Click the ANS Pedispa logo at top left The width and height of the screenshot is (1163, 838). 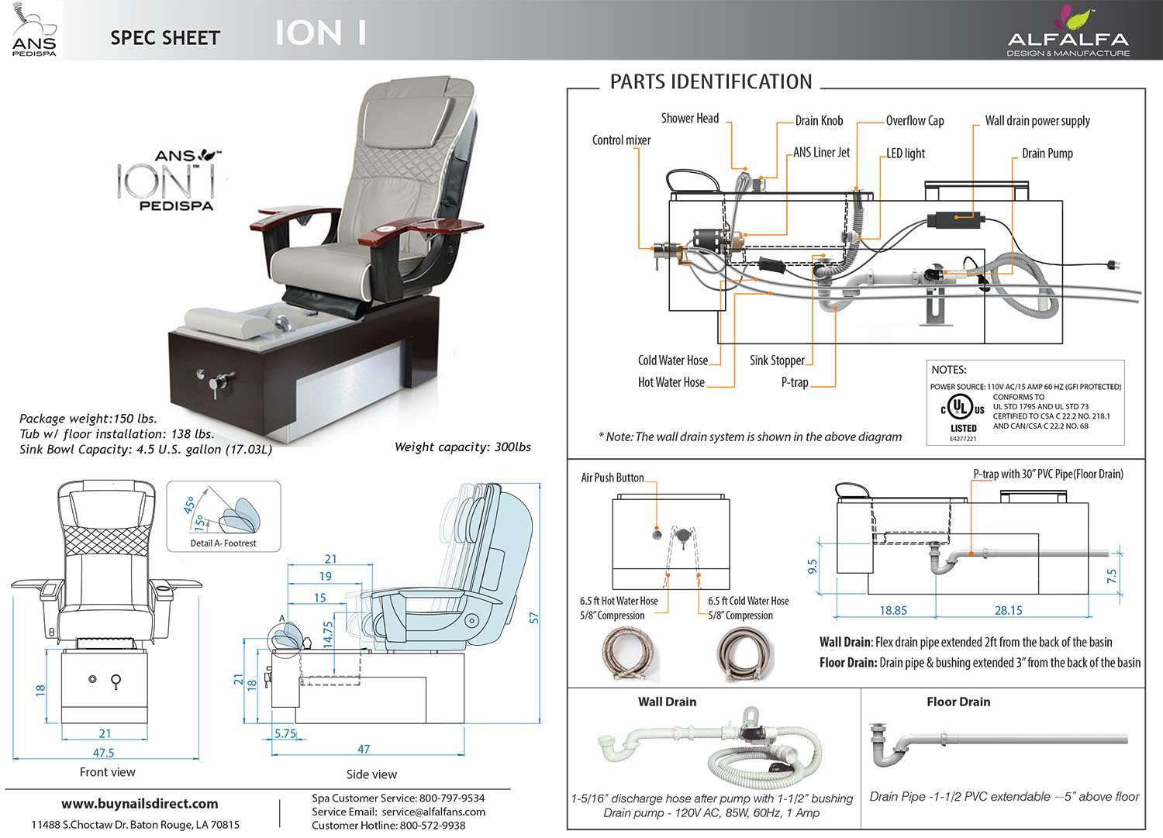click(34, 30)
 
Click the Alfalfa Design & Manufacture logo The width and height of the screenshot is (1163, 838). click(1068, 33)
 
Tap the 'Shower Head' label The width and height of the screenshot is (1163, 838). click(689, 119)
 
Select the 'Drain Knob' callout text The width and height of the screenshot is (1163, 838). click(819, 121)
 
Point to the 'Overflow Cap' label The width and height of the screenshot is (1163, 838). click(915, 121)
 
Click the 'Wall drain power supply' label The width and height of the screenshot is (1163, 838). click(1037, 121)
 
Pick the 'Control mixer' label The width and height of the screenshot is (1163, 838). click(621, 140)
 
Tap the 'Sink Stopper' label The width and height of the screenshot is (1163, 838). click(777, 360)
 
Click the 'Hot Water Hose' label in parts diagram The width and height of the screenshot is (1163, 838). click(671, 382)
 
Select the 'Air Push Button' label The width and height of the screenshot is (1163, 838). click(613, 478)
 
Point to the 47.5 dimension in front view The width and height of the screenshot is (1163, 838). click(103, 753)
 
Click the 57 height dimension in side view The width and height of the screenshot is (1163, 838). click(533, 618)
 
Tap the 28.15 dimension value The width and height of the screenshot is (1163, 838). click(1008, 611)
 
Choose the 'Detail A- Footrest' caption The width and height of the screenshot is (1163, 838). click(223, 543)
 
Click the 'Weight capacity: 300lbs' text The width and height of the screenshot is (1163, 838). click(463, 447)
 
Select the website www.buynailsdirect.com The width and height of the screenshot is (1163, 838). click(140, 804)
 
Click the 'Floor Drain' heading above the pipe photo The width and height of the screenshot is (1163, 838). click(958, 702)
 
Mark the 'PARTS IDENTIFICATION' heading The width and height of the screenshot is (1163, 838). click(711, 82)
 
